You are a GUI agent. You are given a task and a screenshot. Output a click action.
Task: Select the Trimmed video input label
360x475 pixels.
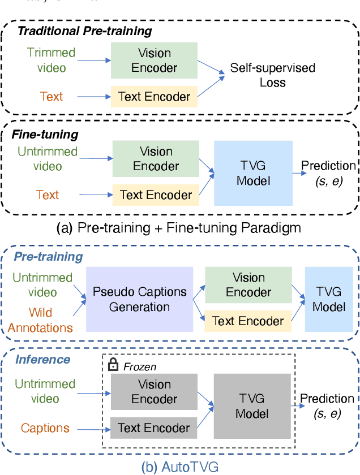(x=51, y=60)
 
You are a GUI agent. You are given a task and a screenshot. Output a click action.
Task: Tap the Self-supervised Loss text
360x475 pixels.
(x=273, y=75)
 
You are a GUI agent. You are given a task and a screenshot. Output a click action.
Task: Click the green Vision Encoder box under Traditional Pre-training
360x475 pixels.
(x=155, y=60)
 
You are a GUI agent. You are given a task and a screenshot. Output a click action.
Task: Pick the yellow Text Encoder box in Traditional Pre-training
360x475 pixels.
(x=155, y=97)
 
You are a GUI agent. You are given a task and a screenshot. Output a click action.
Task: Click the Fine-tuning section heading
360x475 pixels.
(x=45, y=135)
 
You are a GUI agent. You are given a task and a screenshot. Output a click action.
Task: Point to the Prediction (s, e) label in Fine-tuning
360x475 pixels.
(x=328, y=172)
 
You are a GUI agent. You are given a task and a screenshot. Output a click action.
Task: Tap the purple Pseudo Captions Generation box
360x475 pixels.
(x=140, y=300)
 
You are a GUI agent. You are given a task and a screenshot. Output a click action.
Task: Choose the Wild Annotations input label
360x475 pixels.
(x=44, y=320)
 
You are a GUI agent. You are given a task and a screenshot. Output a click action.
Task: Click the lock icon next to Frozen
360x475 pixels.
(x=113, y=366)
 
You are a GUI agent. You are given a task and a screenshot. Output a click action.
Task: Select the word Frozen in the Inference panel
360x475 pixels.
(x=141, y=367)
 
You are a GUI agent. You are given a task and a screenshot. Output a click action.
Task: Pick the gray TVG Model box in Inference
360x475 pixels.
(x=252, y=407)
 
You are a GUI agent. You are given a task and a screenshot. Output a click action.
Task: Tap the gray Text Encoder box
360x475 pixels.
(x=154, y=427)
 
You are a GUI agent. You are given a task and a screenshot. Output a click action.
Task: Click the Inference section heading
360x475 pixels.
(x=43, y=360)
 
